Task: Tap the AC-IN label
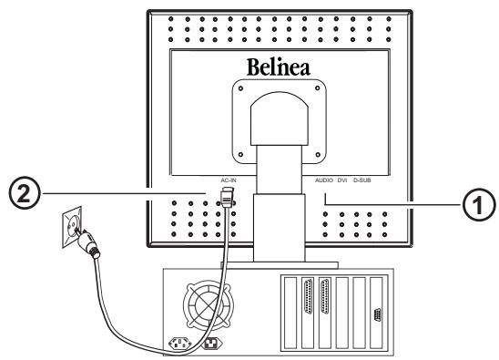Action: click(x=229, y=180)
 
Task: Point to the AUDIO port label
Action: click(x=324, y=180)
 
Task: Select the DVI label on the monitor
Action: click(x=343, y=180)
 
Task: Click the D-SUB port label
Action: click(x=362, y=180)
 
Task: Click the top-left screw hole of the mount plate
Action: click(x=239, y=87)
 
